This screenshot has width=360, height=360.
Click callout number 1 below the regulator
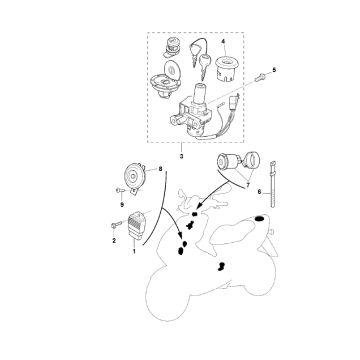pos(134,251)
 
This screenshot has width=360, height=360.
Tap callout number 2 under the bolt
pos(114,240)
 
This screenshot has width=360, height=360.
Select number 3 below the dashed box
pos(182,156)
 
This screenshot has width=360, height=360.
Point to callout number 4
pos(223,42)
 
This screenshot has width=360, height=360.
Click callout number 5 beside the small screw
pos(274,70)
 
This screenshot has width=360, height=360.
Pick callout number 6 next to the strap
pos(260,192)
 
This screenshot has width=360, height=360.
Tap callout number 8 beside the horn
pos(160,169)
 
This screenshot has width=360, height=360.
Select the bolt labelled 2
pos(115,226)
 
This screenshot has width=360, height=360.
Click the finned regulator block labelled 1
pos(136,225)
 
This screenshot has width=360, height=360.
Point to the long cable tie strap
pos(273,184)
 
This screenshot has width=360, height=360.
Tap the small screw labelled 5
pos(259,77)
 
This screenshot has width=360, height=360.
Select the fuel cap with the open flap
pos(166,80)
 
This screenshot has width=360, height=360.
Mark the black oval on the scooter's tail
pos(259,218)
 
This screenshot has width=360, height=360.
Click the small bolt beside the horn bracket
pos(120,191)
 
